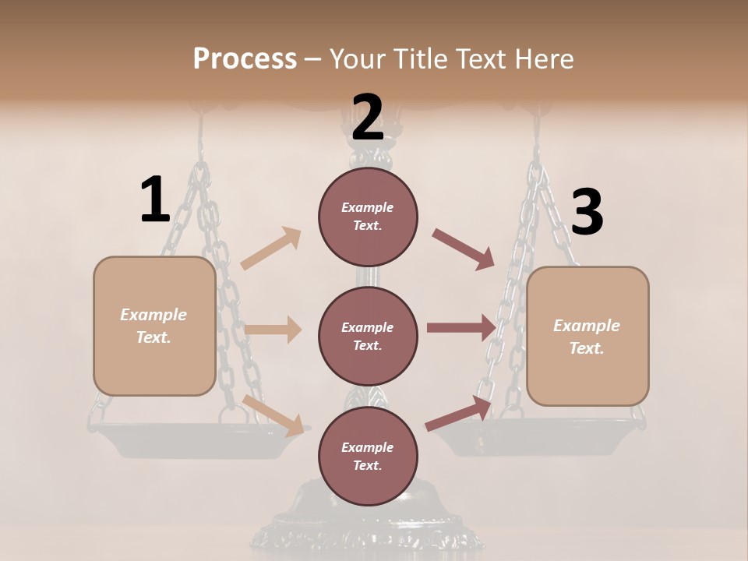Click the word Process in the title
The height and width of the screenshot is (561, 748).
point(245,58)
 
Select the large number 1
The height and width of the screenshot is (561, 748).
point(155,199)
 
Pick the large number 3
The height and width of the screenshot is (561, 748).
point(587,212)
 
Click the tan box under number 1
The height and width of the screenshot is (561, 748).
point(154,326)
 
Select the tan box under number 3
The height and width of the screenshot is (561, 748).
point(587,337)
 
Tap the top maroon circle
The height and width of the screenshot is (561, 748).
point(368,217)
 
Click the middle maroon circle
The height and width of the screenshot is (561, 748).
point(368,336)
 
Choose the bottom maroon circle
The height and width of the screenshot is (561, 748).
point(368,456)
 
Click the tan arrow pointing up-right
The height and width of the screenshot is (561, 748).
point(271,249)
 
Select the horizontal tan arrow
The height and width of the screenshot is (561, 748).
point(273,330)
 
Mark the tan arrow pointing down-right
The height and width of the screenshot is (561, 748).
point(273,415)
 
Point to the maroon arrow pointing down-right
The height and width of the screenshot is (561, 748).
point(463,249)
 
